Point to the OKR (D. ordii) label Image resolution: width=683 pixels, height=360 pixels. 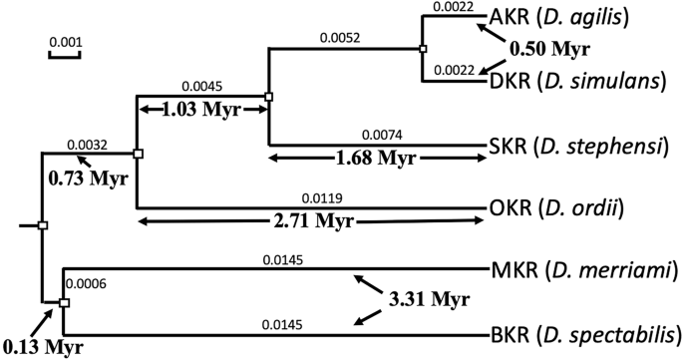pos(567,208)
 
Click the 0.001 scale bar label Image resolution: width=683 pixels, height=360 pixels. pos(65,43)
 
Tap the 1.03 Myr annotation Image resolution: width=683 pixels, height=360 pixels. pos(202,110)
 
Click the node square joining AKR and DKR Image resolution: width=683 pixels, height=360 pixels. pos(423,48)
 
